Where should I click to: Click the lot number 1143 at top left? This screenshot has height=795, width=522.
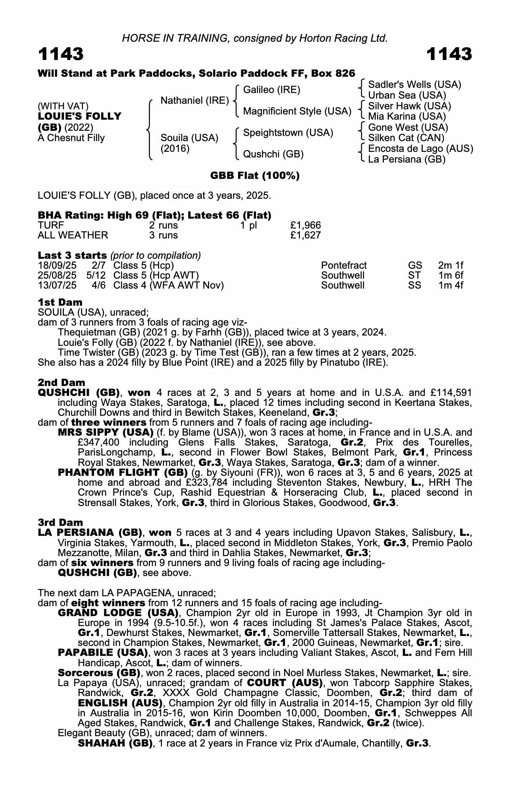(x=61, y=54)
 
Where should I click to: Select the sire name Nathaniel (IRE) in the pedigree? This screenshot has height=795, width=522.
(x=195, y=101)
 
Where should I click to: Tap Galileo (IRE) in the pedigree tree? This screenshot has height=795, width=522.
(x=272, y=90)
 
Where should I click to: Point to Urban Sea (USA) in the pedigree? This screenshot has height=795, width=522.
(x=407, y=95)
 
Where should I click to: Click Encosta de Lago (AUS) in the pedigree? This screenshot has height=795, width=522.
(x=420, y=149)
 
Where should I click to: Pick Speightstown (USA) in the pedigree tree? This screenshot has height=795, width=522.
(x=288, y=133)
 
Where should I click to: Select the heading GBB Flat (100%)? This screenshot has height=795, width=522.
(x=255, y=175)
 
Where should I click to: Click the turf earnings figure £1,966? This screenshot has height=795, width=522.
(x=305, y=225)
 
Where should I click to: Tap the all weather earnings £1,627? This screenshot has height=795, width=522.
(x=305, y=235)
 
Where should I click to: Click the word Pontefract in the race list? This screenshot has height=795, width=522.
(x=344, y=266)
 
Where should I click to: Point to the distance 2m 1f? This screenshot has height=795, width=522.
(x=451, y=266)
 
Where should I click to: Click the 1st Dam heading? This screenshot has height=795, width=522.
(x=60, y=302)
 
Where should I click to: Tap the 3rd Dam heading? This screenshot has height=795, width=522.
(x=60, y=522)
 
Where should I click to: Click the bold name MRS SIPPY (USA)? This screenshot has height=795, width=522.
(x=106, y=432)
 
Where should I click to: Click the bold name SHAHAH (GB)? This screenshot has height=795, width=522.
(x=115, y=743)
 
